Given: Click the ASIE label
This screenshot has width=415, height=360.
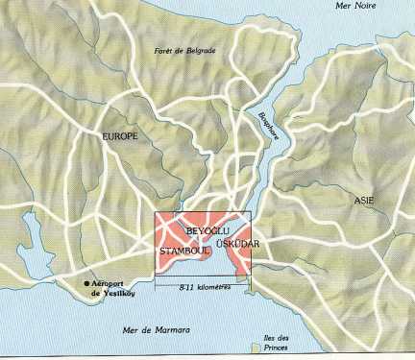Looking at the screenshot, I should (364, 201).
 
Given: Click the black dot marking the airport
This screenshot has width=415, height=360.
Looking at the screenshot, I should (85, 283).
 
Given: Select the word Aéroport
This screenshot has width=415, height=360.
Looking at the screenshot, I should (113, 283).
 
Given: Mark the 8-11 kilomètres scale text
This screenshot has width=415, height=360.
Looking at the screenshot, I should (203, 287).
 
